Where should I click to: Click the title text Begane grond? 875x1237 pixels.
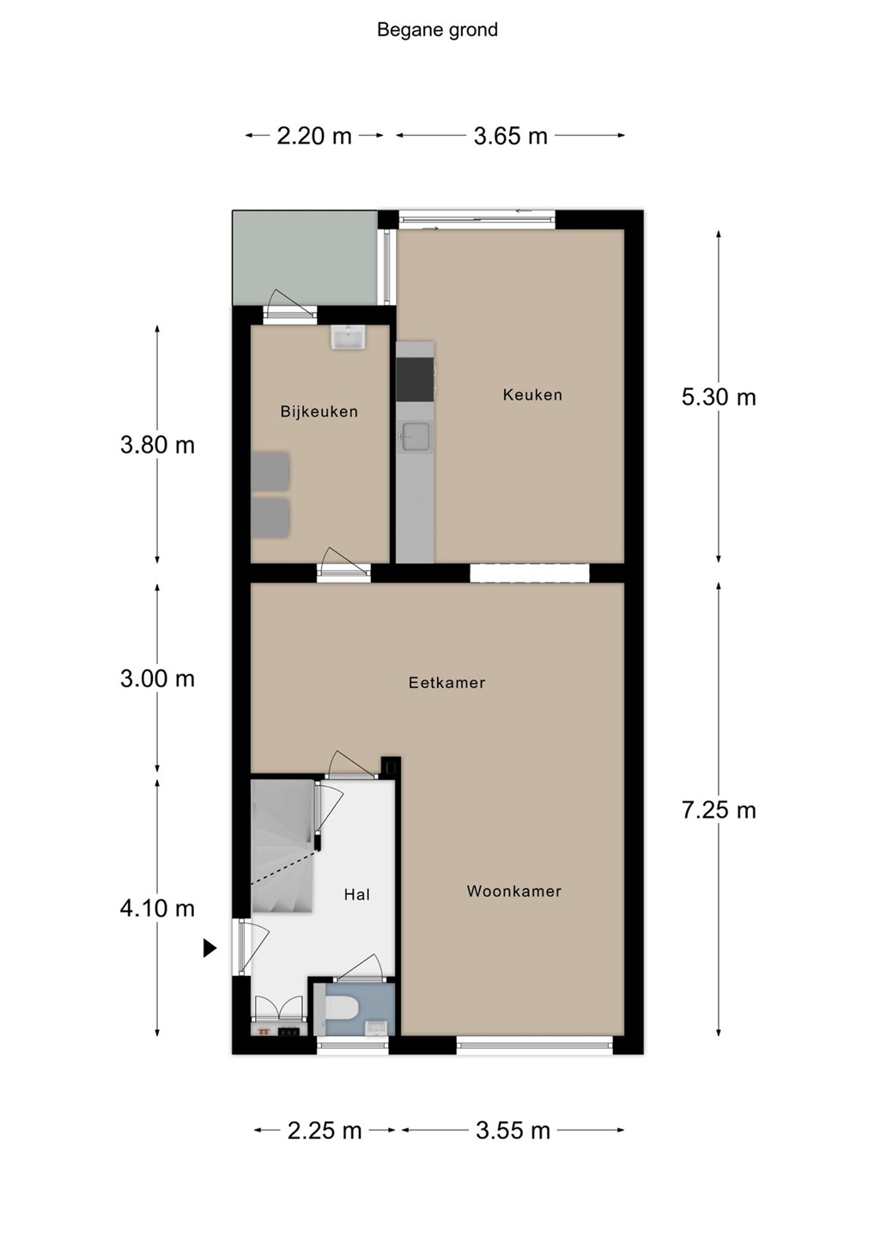(437, 30)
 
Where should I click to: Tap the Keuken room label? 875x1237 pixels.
(532, 395)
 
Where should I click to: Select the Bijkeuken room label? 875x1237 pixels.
(319, 411)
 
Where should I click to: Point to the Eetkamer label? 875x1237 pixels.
(447, 683)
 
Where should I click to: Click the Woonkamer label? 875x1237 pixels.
(514, 891)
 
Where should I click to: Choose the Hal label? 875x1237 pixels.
(356, 894)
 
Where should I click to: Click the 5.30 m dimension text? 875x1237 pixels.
(718, 397)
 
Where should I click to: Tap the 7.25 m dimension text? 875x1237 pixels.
(718, 810)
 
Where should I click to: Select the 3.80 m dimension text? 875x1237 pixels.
(157, 445)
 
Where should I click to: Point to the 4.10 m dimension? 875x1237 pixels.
(157, 908)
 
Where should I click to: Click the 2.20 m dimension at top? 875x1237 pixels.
(314, 136)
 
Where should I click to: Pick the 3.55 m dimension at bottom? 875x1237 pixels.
(513, 1130)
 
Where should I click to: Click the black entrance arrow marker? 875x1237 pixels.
(210, 948)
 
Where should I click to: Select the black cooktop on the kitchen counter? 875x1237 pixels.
(415, 380)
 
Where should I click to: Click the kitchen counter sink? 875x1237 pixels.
(415, 436)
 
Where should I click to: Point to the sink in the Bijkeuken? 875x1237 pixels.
(348, 337)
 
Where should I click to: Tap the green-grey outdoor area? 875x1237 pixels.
(306, 258)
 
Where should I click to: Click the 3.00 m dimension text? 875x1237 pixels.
(157, 679)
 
